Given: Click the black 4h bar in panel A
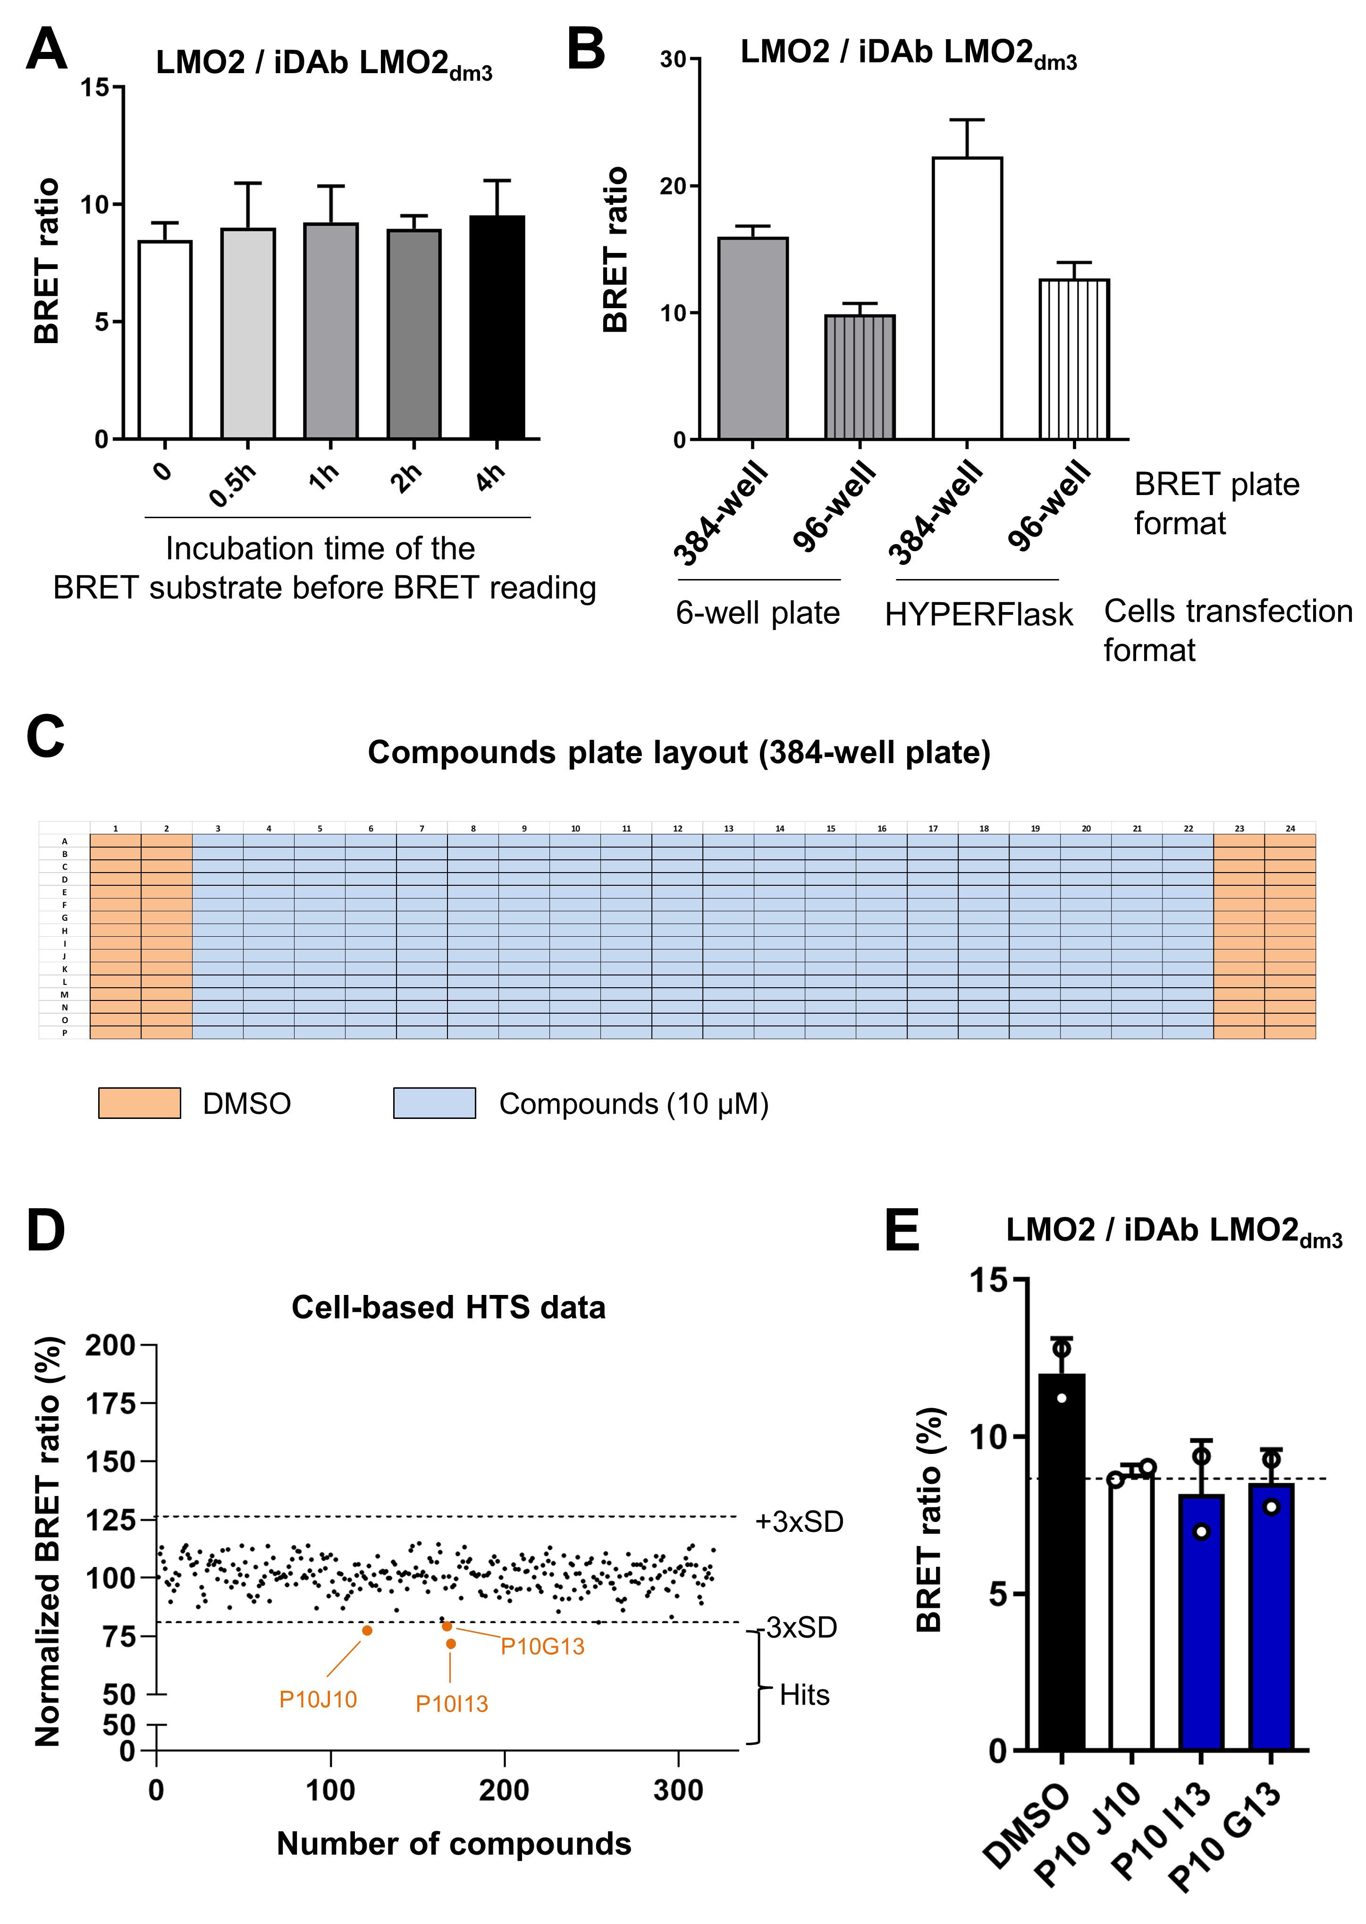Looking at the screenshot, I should point(497,328).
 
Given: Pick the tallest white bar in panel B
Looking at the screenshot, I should point(967,299).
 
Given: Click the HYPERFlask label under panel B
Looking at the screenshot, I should point(978,615).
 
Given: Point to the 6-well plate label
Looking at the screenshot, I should point(758,613).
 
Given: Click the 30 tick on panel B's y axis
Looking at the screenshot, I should point(674,60).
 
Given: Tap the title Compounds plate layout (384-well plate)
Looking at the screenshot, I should point(679,752).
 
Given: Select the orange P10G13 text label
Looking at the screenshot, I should point(542,1647).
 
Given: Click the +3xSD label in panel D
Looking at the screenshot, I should point(799,1522).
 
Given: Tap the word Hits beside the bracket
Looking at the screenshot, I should point(804,1695).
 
